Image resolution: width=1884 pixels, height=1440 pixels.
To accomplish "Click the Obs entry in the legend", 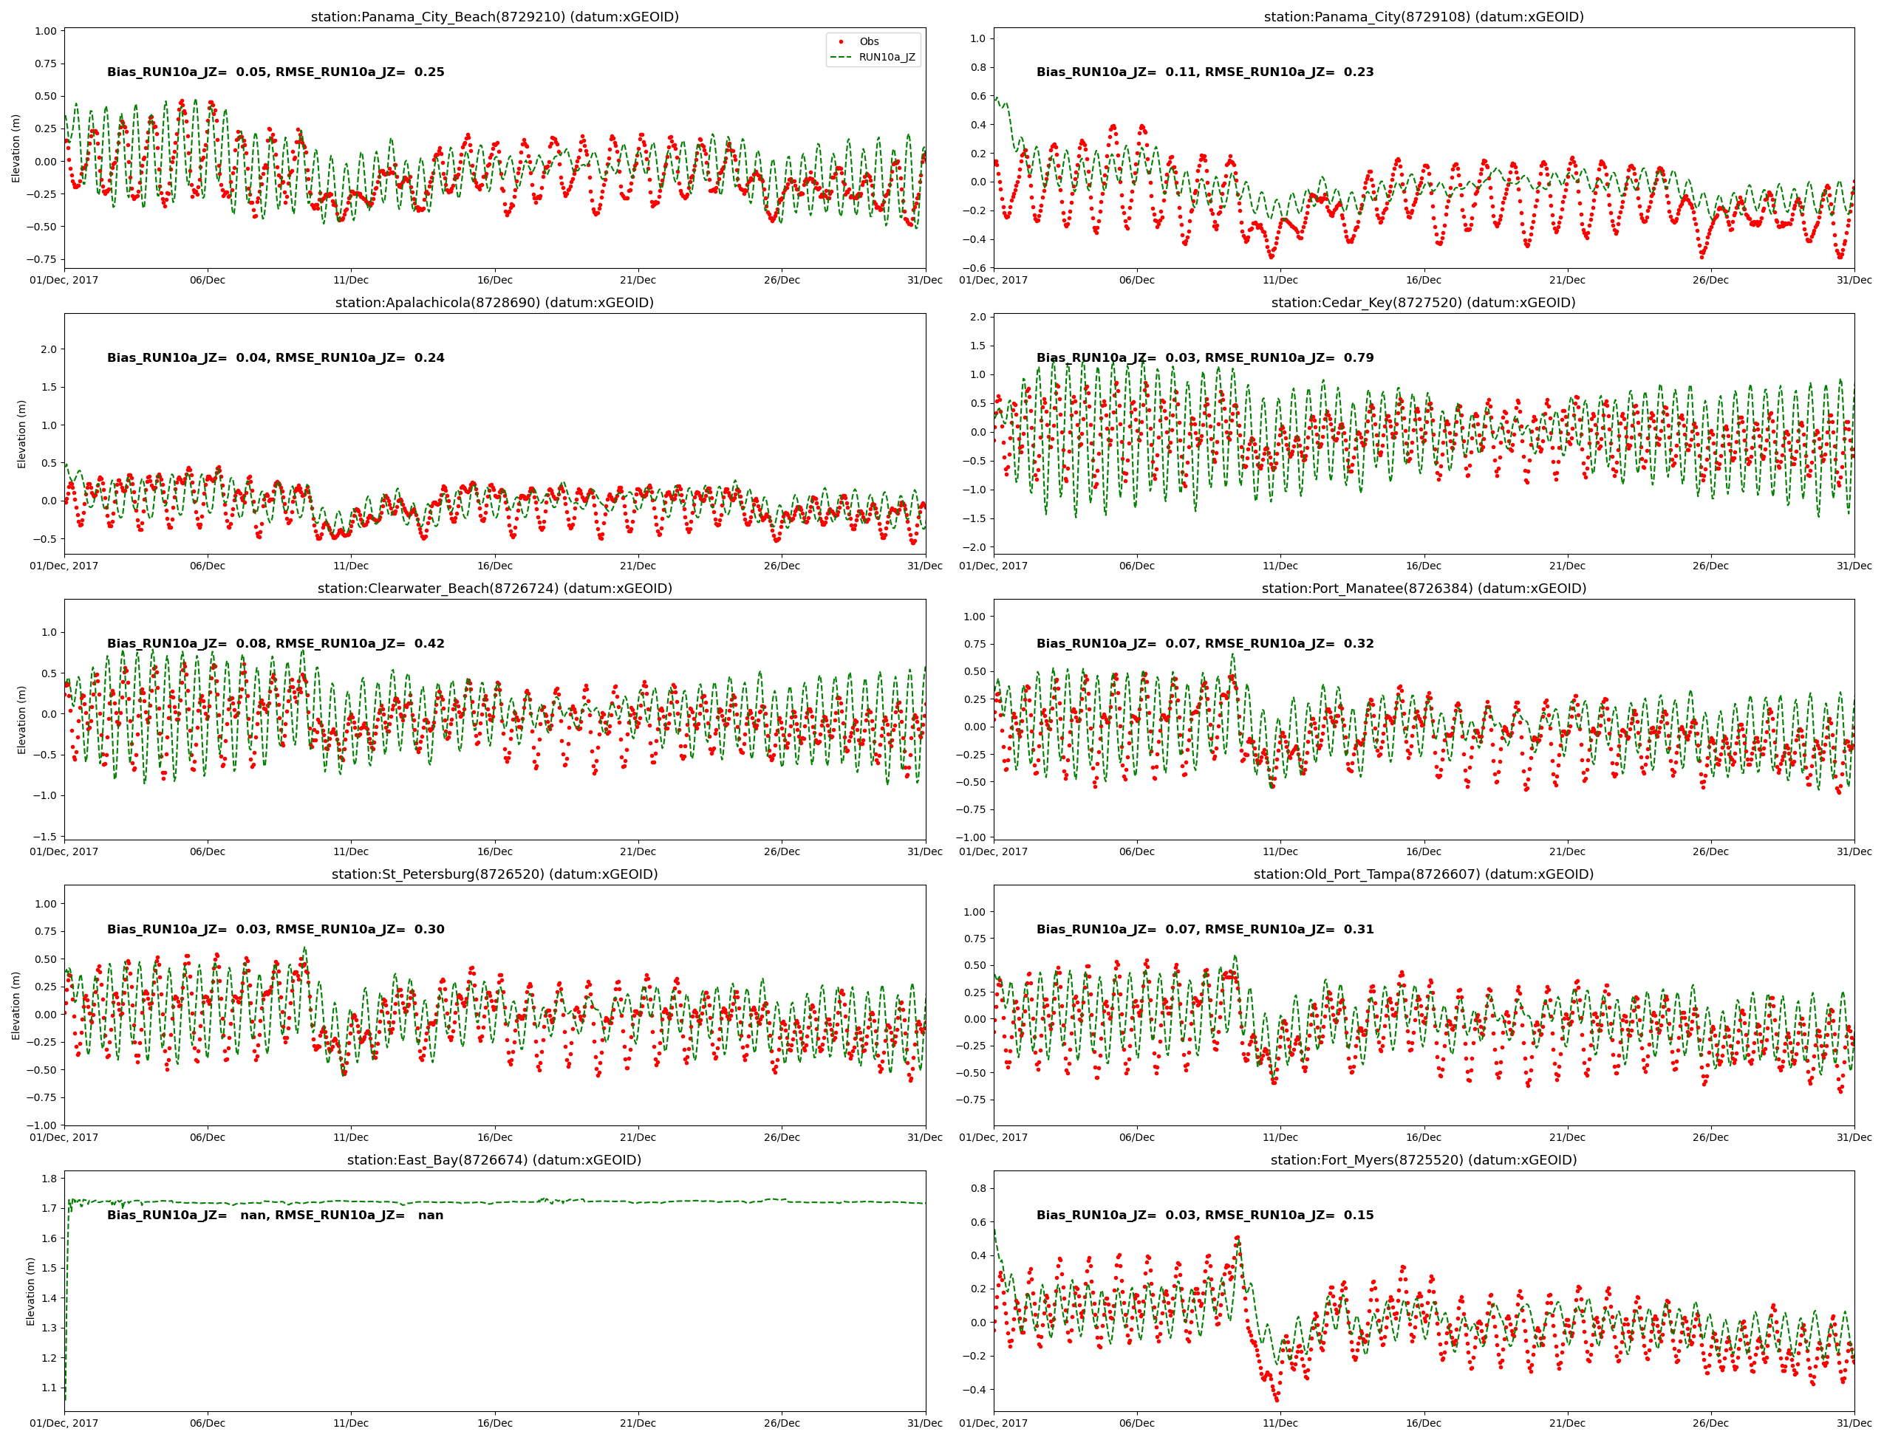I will point(868,41).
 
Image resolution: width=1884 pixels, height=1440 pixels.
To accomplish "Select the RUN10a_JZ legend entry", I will point(886,58).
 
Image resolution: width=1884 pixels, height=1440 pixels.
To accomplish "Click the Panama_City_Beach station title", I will point(494,17).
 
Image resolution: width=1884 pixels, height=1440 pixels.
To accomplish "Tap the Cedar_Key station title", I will point(1423,303).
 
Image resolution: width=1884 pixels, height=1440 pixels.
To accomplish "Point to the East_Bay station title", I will point(494,1159).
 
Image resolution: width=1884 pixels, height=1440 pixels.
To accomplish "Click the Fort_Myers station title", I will point(1423,1159).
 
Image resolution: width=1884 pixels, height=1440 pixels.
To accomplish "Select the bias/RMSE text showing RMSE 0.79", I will point(1204,357).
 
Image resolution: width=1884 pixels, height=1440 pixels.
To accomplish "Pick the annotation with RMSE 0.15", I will point(1204,1215).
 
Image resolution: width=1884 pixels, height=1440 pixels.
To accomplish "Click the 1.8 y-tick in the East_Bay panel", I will point(48,1179).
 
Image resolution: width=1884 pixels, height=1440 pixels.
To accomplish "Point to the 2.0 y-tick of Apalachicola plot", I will point(48,349).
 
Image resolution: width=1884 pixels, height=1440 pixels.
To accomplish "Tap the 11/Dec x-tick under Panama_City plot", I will point(1280,281).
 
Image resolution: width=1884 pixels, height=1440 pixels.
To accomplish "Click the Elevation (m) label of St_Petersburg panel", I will point(16,1006).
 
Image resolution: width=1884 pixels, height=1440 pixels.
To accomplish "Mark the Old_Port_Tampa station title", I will point(1423,874).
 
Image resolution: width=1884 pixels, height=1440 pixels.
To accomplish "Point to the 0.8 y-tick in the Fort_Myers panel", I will point(977,1188).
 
